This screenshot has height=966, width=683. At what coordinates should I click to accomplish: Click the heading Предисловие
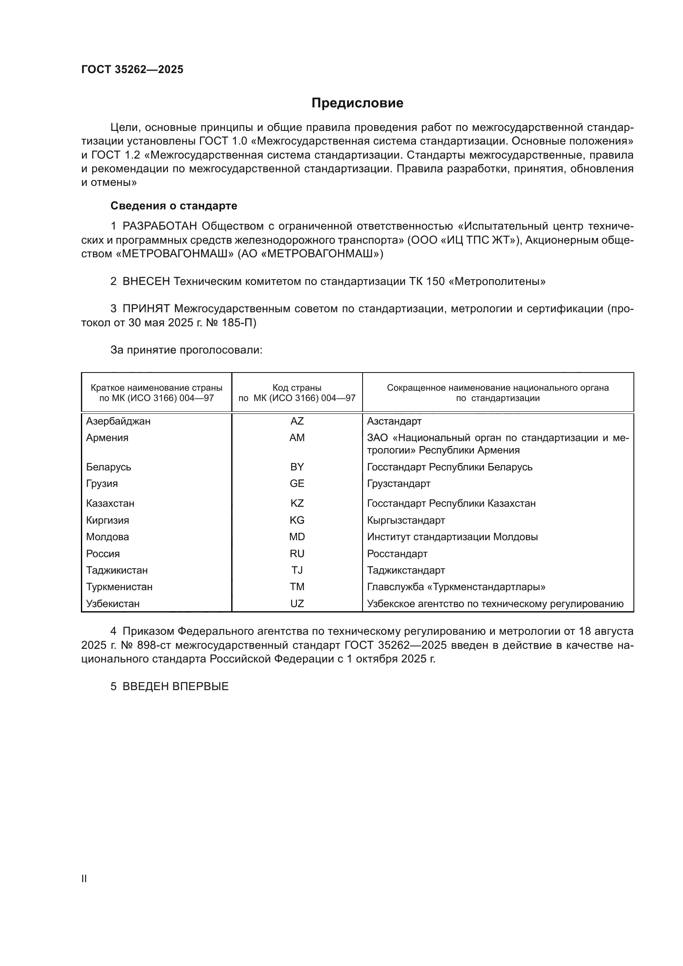point(357,103)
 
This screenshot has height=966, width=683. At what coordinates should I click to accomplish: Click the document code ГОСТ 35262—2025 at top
point(133,69)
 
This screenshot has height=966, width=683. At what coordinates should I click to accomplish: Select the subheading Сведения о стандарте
point(174,206)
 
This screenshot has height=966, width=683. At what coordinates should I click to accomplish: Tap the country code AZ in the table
point(297,421)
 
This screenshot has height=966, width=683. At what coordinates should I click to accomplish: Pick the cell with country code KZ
point(297,503)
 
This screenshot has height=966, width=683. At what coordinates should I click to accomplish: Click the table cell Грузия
point(102,484)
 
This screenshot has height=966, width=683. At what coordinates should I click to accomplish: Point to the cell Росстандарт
point(397,554)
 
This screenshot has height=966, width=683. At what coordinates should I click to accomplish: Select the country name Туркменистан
point(119,586)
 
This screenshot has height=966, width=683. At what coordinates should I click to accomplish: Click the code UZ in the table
point(297,603)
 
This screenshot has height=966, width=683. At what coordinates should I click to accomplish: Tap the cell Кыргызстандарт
point(406,520)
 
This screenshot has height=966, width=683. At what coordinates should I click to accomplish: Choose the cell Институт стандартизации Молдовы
point(452,537)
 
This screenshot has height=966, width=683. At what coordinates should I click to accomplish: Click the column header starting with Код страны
point(297,392)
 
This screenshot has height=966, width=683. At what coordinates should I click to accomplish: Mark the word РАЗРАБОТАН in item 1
point(160,226)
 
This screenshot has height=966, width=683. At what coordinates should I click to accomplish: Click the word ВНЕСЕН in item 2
point(146,282)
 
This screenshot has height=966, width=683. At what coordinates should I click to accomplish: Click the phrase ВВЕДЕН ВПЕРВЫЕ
point(175,687)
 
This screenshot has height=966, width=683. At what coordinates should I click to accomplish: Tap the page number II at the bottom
point(84,878)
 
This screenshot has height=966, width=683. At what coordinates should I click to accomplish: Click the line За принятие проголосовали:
point(186,350)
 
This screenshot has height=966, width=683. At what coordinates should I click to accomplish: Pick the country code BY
point(297,467)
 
